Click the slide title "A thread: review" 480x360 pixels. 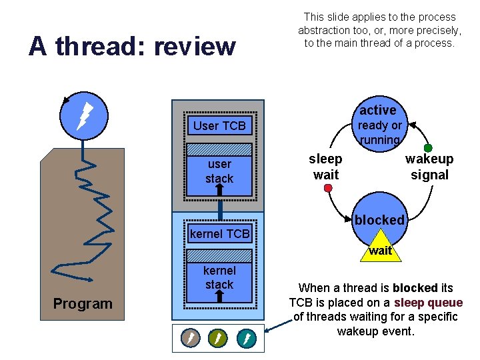click(132, 46)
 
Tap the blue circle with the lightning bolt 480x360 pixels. click(82, 115)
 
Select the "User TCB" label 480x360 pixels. click(219, 125)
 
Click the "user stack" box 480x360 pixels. click(219, 171)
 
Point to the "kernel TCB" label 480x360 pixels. click(219, 233)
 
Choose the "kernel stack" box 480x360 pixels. click(219, 277)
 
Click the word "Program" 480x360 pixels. click(83, 303)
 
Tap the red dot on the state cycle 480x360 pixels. click(328, 189)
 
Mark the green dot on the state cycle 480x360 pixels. click(428, 148)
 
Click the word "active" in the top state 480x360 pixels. click(378, 110)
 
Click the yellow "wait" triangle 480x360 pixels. click(380, 247)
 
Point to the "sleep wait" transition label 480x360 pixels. click(325, 167)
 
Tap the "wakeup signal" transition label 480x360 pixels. click(429, 167)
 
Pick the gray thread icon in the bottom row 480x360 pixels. click(190, 338)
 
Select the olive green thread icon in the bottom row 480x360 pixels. click(218, 338)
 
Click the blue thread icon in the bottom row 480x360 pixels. click(246, 338)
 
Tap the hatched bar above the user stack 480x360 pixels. click(219, 149)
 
